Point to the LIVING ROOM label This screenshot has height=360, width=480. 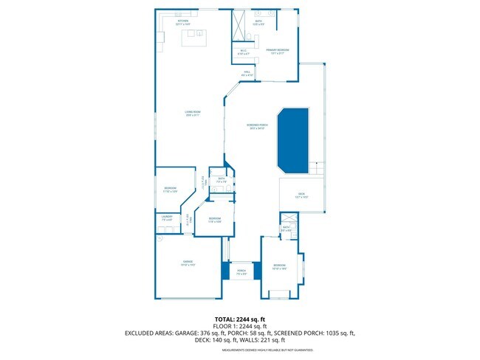click(x=193, y=113)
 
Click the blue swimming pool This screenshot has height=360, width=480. click(x=293, y=140)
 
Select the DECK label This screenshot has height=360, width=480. click(x=301, y=195)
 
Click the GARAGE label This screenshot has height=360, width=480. click(x=188, y=263)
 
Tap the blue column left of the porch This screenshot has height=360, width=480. click(x=226, y=270)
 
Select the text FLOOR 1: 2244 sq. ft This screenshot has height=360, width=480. click(x=240, y=326)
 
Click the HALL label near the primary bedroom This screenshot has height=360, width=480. click(x=247, y=74)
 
